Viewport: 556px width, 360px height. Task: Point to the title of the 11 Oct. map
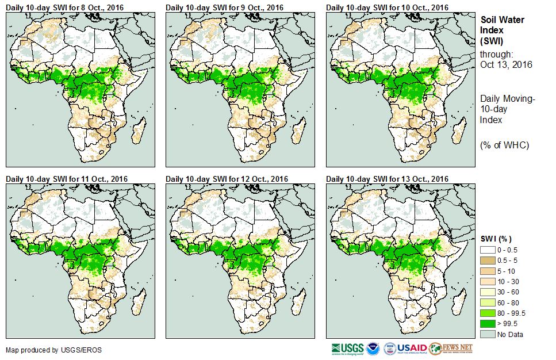click(x=67, y=178)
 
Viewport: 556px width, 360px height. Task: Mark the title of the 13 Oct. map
click(x=387, y=178)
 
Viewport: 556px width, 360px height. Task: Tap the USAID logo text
click(x=412, y=348)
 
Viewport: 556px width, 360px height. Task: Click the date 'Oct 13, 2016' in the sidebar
click(x=506, y=64)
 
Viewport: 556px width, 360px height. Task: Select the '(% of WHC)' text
click(x=504, y=145)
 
